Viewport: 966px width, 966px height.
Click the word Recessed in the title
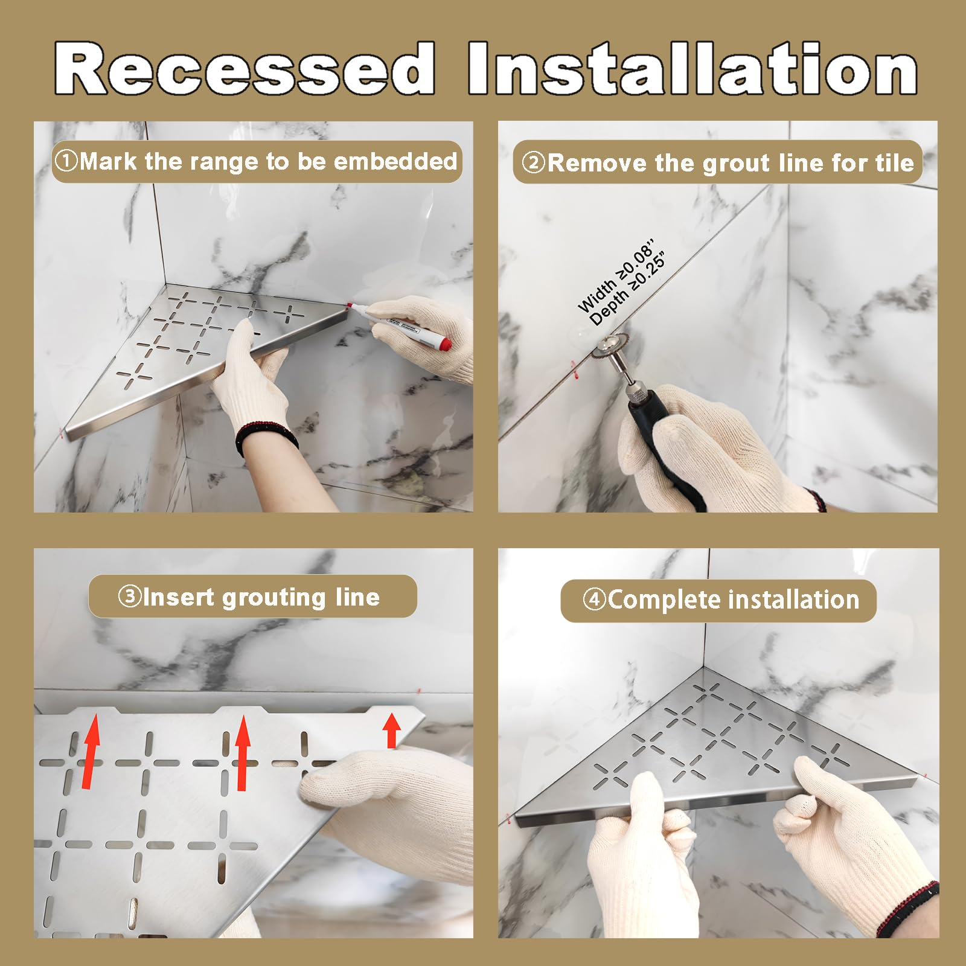tap(245, 68)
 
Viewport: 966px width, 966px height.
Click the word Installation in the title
tap(693, 68)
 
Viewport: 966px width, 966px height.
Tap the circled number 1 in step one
tap(66, 161)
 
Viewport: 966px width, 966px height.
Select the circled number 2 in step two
tap(534, 162)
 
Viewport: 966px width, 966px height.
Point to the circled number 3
tap(129, 597)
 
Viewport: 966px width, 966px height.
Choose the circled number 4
tap(595, 600)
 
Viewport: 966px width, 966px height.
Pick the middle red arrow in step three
tap(243, 752)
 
